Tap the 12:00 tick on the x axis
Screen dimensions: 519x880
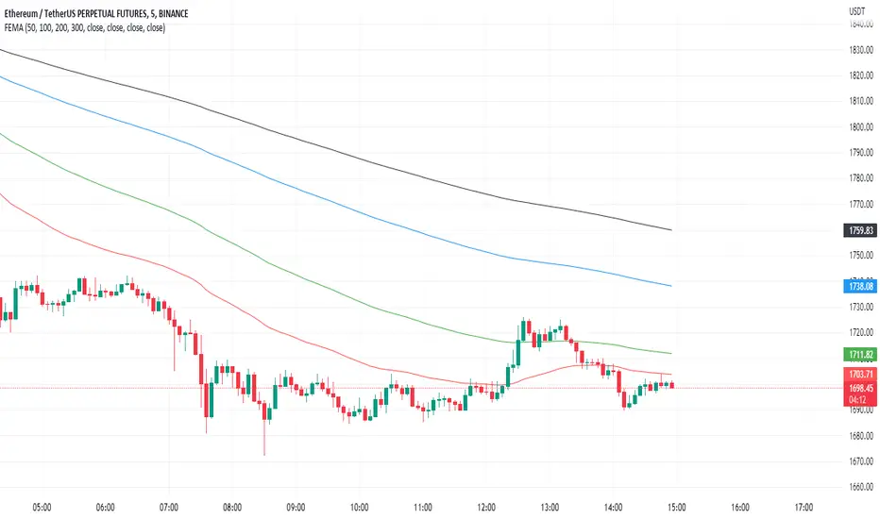tap(486, 506)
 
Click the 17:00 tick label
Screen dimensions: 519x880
tap(804, 506)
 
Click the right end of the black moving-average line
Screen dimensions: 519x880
tap(670, 229)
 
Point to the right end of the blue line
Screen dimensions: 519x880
tap(670, 285)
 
